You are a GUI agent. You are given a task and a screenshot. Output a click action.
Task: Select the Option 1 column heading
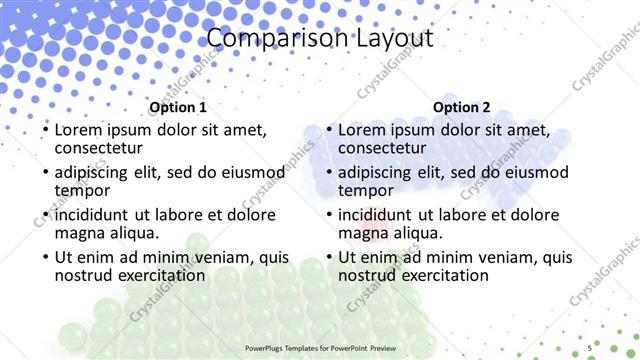tap(178, 107)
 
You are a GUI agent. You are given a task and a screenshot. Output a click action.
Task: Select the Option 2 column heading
tap(462, 107)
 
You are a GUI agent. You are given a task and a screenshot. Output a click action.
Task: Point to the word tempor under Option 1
tap(82, 190)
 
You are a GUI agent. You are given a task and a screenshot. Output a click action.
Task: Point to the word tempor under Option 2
tap(366, 190)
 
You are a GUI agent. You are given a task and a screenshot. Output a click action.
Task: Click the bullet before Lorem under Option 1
tap(45, 131)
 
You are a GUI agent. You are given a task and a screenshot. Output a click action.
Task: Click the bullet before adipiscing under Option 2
tap(329, 173)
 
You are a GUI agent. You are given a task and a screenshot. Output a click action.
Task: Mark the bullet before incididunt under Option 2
tap(329, 215)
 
